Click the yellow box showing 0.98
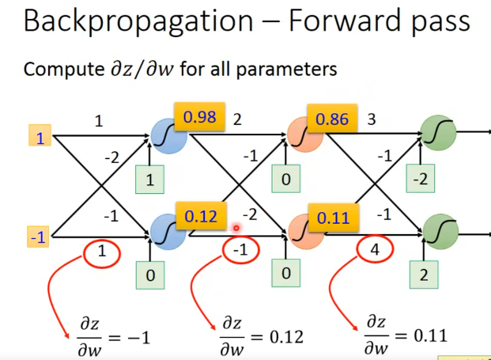pos(200,116)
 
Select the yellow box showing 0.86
pos(332,118)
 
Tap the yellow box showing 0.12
pos(201,215)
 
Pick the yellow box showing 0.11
pos(334,218)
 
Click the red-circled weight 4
pos(375,249)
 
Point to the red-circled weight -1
pos(240,250)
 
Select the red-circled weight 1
pos(102,252)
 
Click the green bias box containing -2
pos(420,178)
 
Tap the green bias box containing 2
pos(424,275)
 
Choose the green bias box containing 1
pos(149,180)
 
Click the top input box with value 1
pos(40,135)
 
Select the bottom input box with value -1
pos(38,237)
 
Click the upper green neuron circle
pos(438,133)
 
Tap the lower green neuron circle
pos(440,232)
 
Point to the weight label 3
pos(372,119)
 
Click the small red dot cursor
pos(236,229)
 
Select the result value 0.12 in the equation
pos(286,337)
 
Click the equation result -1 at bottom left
pos(138,338)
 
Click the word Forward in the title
pos(343,21)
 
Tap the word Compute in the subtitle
pos(64,70)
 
